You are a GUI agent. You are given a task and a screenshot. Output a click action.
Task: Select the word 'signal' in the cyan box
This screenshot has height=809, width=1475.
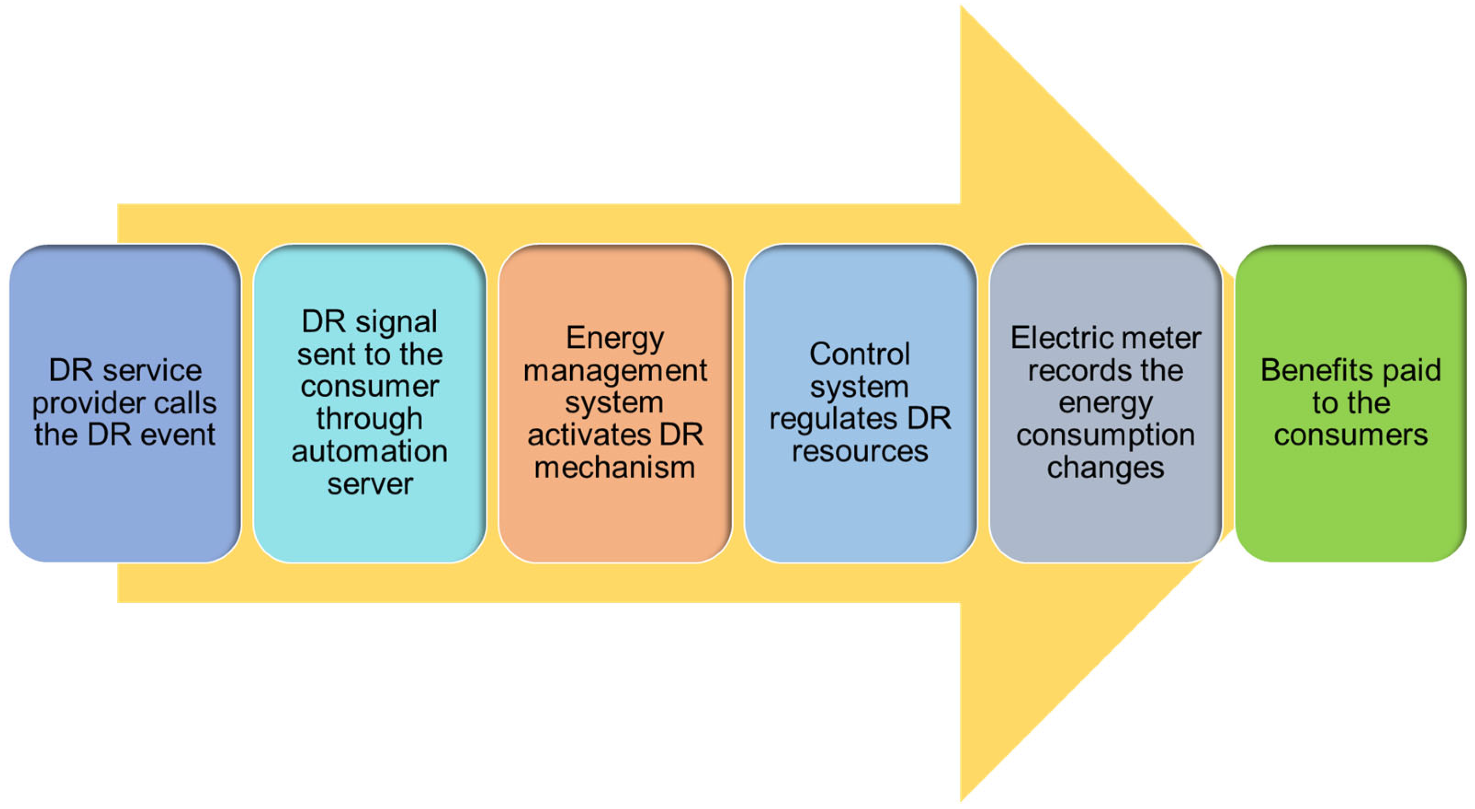pyautogui.click(x=396, y=322)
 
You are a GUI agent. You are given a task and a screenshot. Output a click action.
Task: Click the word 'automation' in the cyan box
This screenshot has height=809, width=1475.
pyautogui.click(x=369, y=451)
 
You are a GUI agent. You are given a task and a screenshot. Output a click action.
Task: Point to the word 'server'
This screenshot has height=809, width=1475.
pyautogui.click(x=369, y=484)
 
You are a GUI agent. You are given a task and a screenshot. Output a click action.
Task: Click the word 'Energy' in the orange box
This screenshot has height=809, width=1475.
pyautogui.click(x=614, y=338)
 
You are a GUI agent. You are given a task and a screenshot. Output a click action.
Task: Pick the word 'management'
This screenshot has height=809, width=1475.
pyautogui.click(x=614, y=370)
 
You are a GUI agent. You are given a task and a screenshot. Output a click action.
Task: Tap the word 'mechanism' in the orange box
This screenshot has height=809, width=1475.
pyautogui.click(x=614, y=467)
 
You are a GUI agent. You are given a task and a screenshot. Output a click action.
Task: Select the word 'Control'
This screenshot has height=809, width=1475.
pyautogui.click(x=859, y=354)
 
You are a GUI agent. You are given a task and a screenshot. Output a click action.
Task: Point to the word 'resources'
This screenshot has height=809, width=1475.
pyautogui.click(x=859, y=451)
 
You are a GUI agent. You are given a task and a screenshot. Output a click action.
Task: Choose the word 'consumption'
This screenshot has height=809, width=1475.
pyautogui.click(x=1105, y=435)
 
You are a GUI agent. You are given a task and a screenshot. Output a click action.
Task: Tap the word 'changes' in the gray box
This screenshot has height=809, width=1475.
pyautogui.click(x=1105, y=467)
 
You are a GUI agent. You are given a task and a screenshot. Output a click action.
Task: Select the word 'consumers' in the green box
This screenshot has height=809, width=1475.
pyautogui.click(x=1350, y=435)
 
